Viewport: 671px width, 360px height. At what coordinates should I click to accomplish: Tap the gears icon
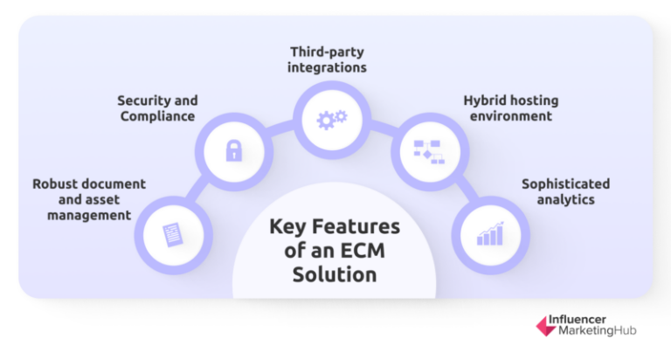331,117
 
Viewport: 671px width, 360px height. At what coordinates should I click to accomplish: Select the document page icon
175,234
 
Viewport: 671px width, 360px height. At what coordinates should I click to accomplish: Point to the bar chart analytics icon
489,233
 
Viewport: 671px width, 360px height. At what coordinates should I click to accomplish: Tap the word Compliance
156,116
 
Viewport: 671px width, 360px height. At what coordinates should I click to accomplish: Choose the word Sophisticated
565,183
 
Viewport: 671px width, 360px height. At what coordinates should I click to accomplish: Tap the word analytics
565,199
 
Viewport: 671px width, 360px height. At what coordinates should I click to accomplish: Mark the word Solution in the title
335,274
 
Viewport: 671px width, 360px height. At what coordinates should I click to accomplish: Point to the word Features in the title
358,227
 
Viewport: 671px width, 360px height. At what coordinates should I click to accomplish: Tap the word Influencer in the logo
591,320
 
